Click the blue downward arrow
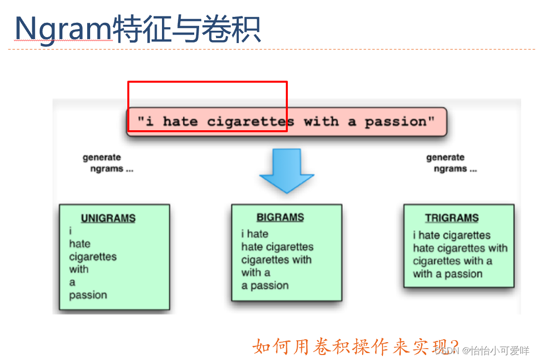[286, 168]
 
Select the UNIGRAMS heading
[108, 218]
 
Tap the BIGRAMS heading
[280, 217]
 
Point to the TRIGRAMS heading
[452, 218]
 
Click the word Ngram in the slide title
[63, 28]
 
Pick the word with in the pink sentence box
[322, 122]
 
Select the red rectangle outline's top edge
[207, 82]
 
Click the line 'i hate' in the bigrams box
[255, 234]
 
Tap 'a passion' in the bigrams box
[265, 285]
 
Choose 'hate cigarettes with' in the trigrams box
[460, 248]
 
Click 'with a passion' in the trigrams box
[447, 274]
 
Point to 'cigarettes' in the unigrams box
[93, 257]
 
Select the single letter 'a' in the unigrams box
[72, 282]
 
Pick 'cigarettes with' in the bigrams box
[276, 259]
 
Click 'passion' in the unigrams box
[88, 295]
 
